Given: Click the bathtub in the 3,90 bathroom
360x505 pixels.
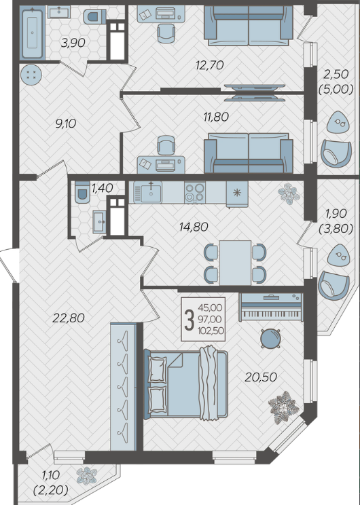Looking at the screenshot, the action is coord(32,33).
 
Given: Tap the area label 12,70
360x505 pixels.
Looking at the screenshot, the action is coord(209,65).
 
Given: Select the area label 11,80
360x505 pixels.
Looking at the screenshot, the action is coord(216,117).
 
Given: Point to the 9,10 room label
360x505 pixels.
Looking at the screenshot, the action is coord(66,123).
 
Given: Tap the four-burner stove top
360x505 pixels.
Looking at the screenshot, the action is coord(195,192).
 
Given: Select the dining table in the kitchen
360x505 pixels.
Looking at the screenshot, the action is coord(235,263).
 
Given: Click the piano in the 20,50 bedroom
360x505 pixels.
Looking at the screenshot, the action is coord(271,307).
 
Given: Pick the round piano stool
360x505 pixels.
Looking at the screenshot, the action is coord(270,339).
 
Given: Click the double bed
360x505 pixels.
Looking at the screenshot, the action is coord(186,384).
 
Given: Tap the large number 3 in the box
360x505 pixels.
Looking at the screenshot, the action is coord(189,319).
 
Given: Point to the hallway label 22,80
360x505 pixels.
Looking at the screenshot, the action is coord(69,318).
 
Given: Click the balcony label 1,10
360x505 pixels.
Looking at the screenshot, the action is coord(50,474).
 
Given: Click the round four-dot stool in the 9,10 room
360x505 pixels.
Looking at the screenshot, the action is coord(31,75).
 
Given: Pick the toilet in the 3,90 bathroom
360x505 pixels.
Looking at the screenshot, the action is coord(94,17).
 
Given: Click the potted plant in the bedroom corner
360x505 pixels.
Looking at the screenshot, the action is coord(283,407).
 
